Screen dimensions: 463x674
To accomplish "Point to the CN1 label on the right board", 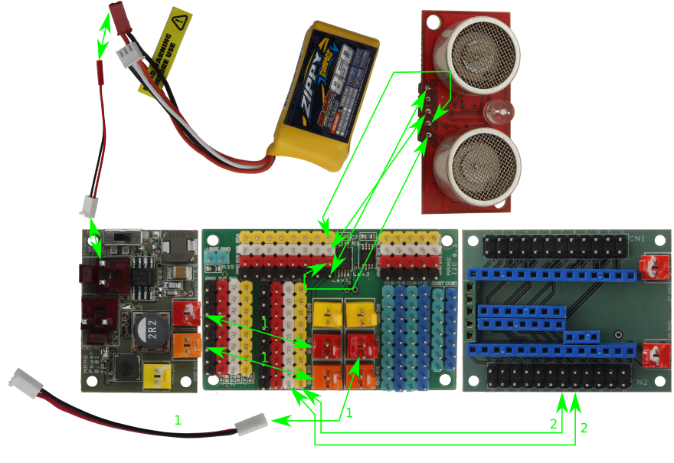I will [635, 238].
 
